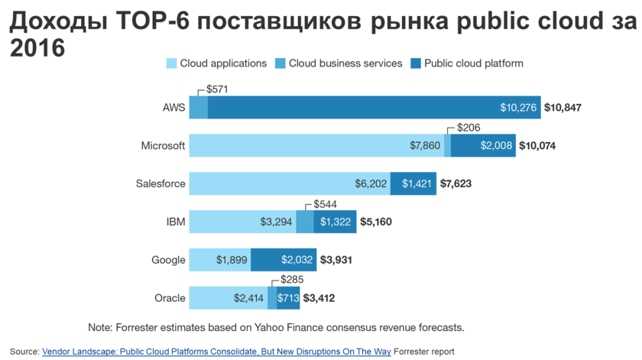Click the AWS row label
[174, 108]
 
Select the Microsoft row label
[163, 146]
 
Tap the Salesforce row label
[160, 183]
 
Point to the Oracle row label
[170, 297]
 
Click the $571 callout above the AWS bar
[218, 89]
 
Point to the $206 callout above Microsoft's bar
[469, 128]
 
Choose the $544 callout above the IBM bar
[326, 203]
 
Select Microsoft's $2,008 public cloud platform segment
[483, 146]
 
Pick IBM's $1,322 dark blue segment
[335, 222]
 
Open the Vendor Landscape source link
[216, 352]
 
